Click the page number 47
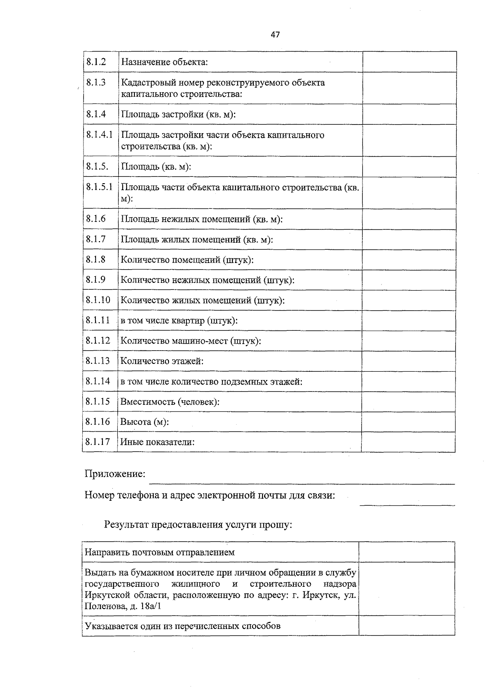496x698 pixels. click(x=275, y=35)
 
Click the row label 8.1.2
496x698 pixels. click(x=96, y=62)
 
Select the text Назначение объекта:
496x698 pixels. click(x=164, y=62)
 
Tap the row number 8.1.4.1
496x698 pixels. click(x=99, y=135)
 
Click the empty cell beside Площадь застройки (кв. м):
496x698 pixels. click(x=409, y=114)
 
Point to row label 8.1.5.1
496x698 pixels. click(x=99, y=187)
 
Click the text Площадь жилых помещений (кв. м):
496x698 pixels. click(x=197, y=240)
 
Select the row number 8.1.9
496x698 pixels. click(x=95, y=280)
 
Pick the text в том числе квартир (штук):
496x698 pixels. click(x=179, y=321)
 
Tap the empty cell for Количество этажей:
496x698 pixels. click(x=408, y=361)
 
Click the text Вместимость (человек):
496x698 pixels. click(x=169, y=402)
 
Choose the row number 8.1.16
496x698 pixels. click(x=98, y=422)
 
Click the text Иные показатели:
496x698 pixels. click(x=157, y=442)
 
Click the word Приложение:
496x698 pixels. click(x=115, y=474)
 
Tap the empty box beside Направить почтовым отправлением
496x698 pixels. click(x=407, y=552)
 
